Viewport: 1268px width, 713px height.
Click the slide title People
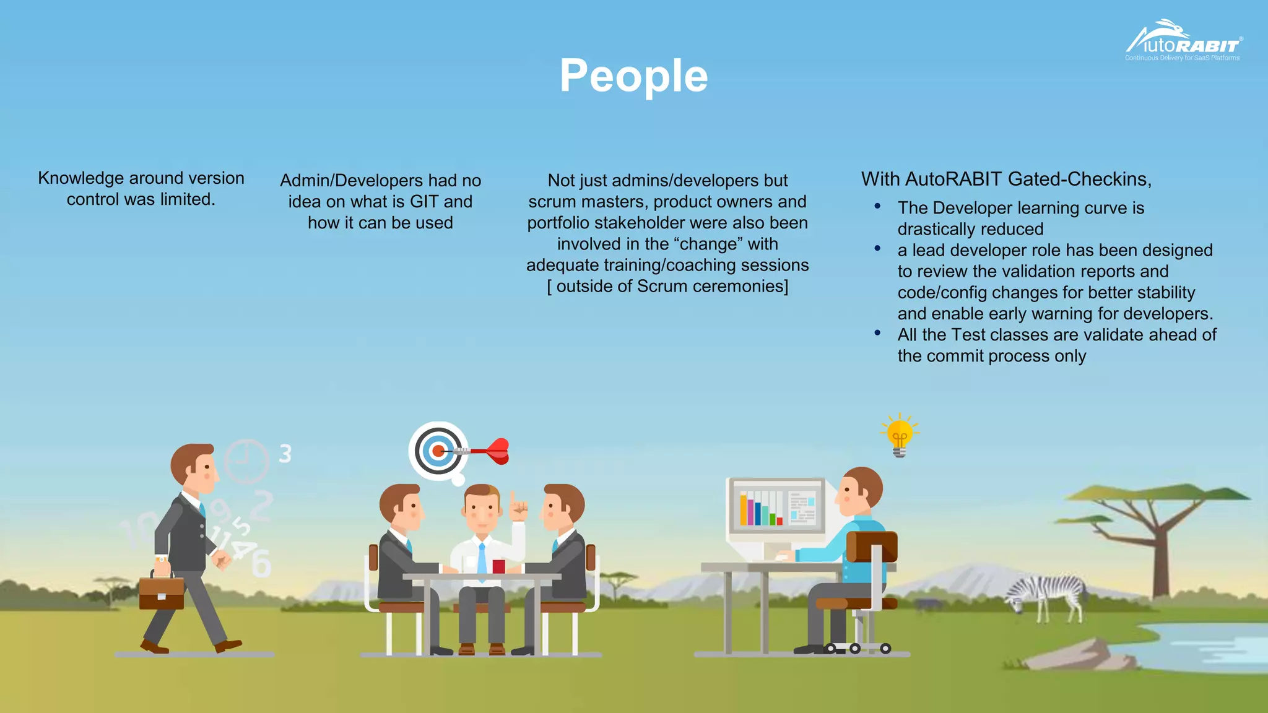(x=633, y=76)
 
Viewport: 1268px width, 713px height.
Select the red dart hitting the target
(x=489, y=451)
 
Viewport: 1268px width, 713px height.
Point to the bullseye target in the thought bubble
(x=437, y=451)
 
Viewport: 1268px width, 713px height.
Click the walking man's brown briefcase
(x=161, y=592)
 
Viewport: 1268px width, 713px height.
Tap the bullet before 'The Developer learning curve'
(x=877, y=206)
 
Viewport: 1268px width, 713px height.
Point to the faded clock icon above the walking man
(x=246, y=461)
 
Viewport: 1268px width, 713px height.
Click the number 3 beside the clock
(x=285, y=454)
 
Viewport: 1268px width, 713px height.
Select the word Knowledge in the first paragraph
(x=80, y=178)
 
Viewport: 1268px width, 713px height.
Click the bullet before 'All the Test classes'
(x=877, y=333)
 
